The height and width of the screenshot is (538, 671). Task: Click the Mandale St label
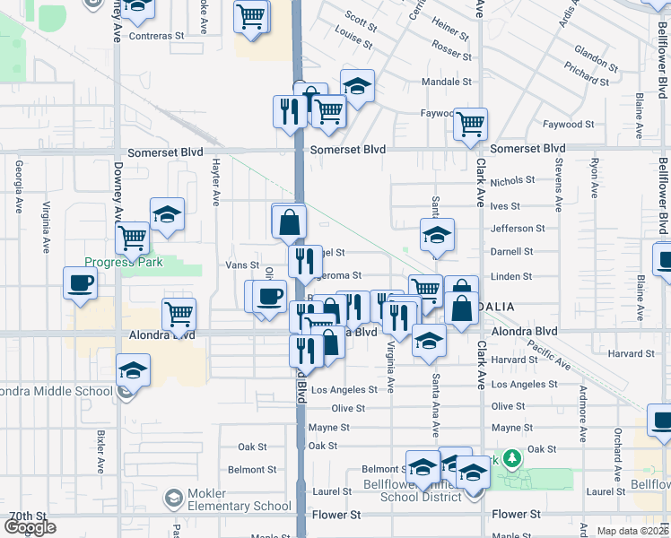pos(447,82)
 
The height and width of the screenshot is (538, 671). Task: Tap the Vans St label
pos(242,265)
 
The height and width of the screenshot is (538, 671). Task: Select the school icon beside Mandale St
pos(357,86)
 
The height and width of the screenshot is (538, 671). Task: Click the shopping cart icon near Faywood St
pos(470,125)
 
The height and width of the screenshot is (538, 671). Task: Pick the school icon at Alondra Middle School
pos(133,369)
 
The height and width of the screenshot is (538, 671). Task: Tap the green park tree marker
pos(511,460)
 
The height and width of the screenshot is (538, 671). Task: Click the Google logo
pos(30,527)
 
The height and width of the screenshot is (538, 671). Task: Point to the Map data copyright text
pos(633,531)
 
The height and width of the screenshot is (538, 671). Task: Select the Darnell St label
pos(512,252)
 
